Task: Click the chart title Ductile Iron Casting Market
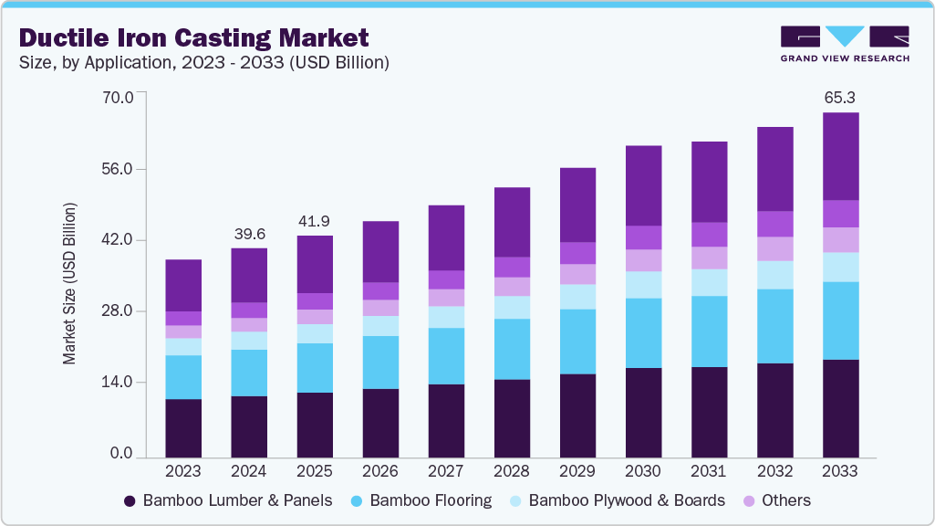(194, 37)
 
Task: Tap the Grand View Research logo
(844, 43)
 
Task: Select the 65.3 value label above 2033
(840, 97)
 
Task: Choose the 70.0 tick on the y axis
(120, 97)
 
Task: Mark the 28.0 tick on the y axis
(120, 311)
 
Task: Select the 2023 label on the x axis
(183, 472)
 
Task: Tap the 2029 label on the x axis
(577, 472)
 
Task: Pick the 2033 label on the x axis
(840, 472)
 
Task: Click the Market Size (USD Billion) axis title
(69, 283)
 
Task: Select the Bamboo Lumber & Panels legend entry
(228, 500)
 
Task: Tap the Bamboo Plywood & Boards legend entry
(618, 500)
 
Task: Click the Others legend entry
(778, 500)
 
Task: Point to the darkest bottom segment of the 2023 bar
(183, 427)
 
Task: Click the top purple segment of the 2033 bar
(840, 155)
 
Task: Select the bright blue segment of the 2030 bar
(643, 332)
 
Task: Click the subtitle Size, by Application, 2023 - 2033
(205, 63)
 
